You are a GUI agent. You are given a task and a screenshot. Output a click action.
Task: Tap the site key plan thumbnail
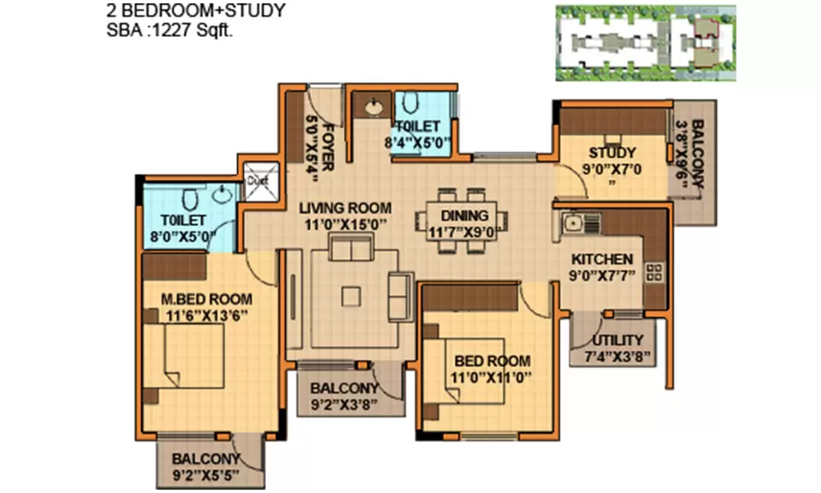(x=645, y=43)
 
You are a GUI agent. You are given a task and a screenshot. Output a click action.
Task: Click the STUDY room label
(x=612, y=153)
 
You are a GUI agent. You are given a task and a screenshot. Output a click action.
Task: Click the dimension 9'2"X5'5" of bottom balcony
(x=206, y=475)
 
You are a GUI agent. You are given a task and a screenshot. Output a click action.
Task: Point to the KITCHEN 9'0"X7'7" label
(x=603, y=266)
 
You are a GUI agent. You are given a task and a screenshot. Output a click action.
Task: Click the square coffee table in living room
(x=352, y=296)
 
